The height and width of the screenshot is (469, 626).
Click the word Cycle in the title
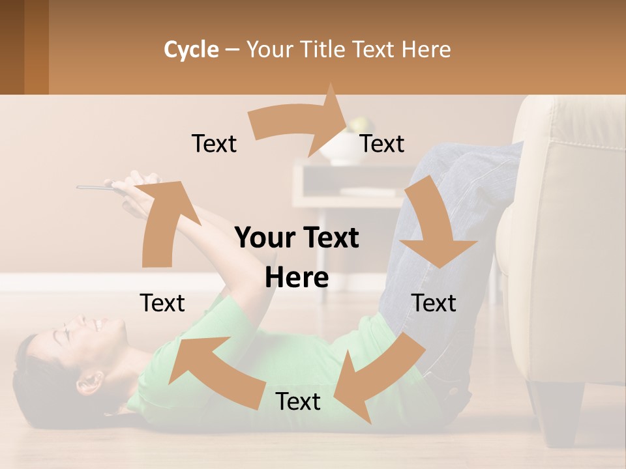pyautogui.click(x=191, y=50)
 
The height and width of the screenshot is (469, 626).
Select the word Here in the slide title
pyautogui.click(x=426, y=50)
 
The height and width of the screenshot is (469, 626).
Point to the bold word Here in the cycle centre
pyautogui.click(x=297, y=278)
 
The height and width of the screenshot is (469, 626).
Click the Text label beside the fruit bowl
pyautogui.click(x=382, y=144)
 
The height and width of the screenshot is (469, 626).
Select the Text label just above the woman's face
pyautogui.click(x=162, y=303)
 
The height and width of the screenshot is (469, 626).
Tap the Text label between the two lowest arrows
pyautogui.click(x=298, y=402)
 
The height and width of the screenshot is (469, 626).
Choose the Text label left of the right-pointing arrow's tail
pyautogui.click(x=214, y=144)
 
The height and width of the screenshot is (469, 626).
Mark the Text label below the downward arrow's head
pyautogui.click(x=434, y=303)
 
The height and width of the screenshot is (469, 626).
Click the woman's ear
pyautogui.click(x=89, y=381)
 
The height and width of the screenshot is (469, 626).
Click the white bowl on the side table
pyautogui.click(x=339, y=150)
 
